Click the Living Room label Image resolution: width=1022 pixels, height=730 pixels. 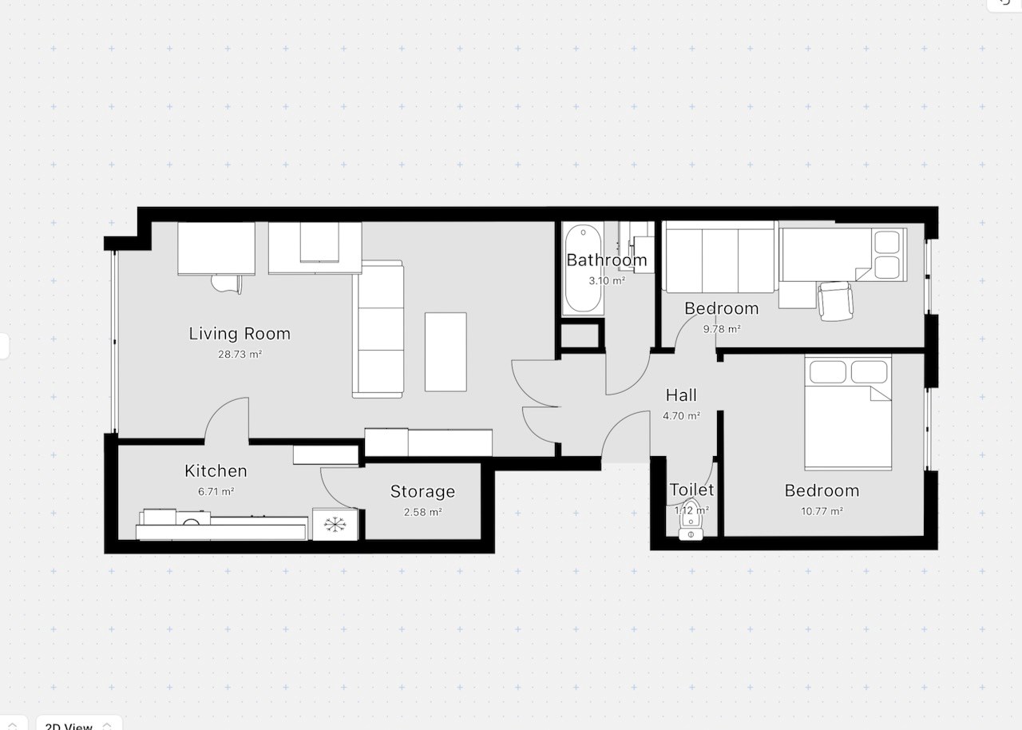(x=240, y=334)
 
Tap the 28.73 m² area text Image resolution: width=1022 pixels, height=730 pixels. (x=240, y=354)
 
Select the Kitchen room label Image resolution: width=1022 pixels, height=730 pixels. (x=216, y=471)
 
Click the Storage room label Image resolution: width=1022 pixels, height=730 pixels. (x=422, y=492)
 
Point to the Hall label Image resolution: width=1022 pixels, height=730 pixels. (x=681, y=395)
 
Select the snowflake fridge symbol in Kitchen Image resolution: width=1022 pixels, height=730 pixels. (x=334, y=525)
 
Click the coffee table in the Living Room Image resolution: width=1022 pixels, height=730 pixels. (x=446, y=351)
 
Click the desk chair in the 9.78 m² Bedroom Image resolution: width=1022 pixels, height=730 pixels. (x=835, y=300)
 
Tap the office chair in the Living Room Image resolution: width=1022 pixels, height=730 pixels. (x=226, y=283)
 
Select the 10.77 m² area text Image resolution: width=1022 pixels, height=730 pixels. (x=822, y=511)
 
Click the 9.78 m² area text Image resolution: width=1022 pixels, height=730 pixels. (x=721, y=328)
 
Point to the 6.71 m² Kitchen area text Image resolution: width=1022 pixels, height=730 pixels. (x=216, y=492)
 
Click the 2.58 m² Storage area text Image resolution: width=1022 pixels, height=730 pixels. (x=422, y=512)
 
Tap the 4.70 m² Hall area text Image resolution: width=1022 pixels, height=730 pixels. (x=681, y=415)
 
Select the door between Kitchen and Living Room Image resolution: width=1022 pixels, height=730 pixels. (x=228, y=421)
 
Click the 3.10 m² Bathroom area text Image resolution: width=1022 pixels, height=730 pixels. (x=607, y=280)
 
